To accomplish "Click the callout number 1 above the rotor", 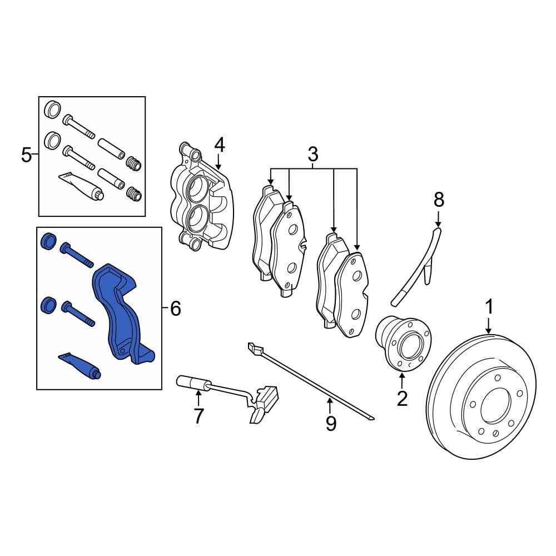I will (x=489, y=306).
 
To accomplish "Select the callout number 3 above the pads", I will (x=312, y=153).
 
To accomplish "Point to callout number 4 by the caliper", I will (x=219, y=146).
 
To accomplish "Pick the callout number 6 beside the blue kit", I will (x=175, y=307).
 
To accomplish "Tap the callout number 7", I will (x=198, y=415).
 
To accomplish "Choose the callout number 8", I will (x=439, y=198).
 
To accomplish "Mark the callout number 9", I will (x=331, y=424).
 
